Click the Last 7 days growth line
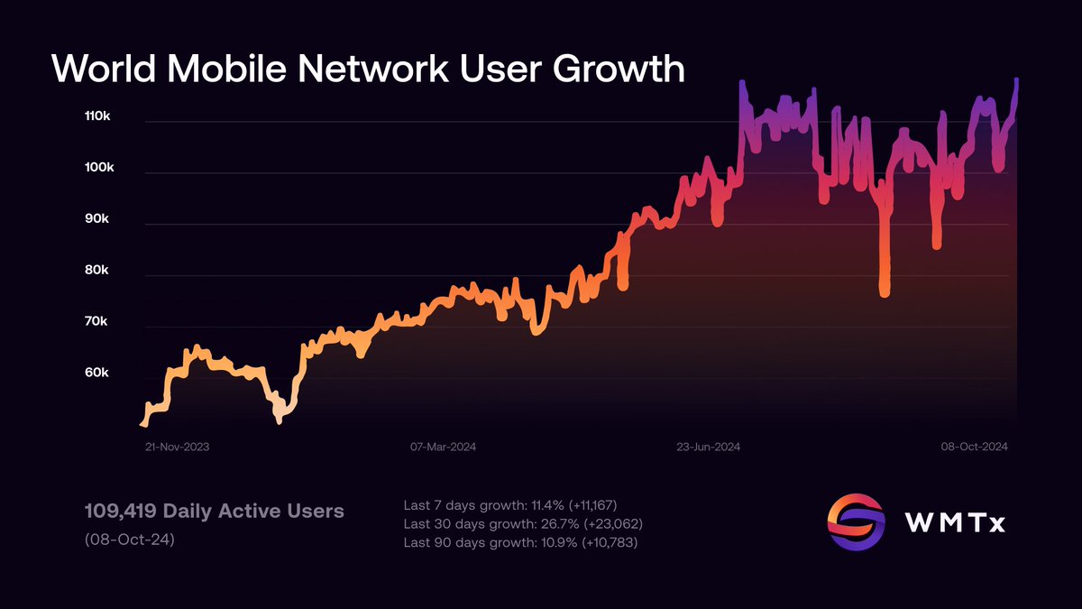click(x=510, y=505)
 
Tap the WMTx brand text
click(x=955, y=523)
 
